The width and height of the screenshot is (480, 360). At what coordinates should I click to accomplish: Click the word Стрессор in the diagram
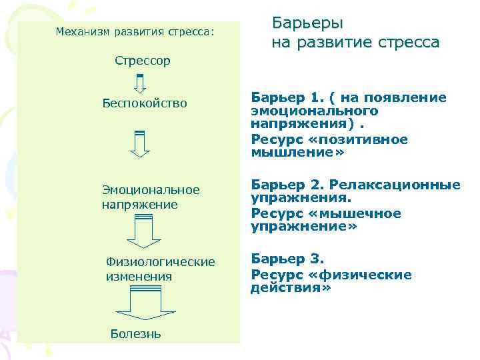click(142, 61)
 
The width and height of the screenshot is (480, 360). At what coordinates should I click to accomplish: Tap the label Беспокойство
click(145, 103)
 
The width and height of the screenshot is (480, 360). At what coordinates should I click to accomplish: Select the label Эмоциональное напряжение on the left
click(150, 197)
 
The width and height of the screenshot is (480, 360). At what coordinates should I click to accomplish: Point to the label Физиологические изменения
click(160, 269)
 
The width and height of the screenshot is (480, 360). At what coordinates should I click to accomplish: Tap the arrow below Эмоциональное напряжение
click(140, 234)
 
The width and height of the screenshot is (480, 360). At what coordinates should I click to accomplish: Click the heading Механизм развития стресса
click(135, 31)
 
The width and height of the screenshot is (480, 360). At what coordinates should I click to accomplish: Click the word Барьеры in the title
click(308, 23)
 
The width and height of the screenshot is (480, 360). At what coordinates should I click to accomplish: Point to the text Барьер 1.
click(282, 97)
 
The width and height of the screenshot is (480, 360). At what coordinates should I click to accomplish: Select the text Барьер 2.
click(282, 185)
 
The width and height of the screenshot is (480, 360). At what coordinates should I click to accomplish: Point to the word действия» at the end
click(291, 288)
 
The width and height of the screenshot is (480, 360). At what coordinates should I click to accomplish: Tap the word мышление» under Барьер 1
click(297, 152)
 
